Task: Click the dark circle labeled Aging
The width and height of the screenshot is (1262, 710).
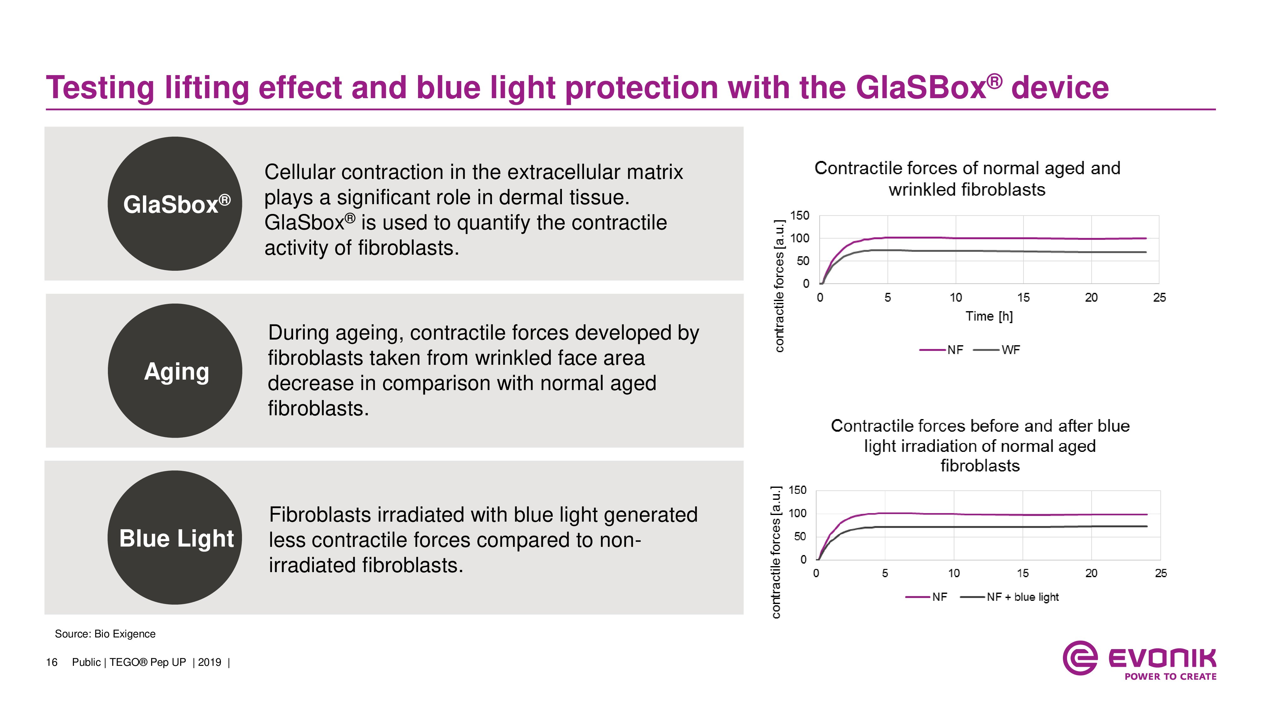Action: tap(175, 370)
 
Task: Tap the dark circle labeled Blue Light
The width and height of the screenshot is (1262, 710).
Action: tap(175, 537)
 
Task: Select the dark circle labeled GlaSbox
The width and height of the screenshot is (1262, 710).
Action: tap(175, 203)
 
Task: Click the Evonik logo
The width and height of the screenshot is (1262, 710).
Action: tap(1139, 660)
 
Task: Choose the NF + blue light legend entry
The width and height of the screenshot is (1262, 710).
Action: tap(1009, 597)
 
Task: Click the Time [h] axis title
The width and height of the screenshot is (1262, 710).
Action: tap(989, 316)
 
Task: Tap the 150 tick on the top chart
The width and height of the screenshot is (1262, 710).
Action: tap(799, 216)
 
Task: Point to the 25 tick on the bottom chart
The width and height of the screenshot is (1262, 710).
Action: tap(1161, 573)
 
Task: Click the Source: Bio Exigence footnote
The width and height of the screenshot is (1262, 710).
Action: tap(105, 634)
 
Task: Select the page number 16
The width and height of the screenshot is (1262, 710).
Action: tap(51, 662)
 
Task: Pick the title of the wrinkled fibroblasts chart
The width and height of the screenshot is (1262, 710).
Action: tap(967, 179)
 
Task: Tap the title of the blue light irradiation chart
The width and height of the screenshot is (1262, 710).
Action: tap(980, 445)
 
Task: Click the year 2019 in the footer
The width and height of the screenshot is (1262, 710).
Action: tap(210, 662)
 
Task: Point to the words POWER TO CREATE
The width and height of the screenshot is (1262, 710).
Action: tap(1171, 677)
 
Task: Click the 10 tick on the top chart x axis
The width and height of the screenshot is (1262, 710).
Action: tap(956, 298)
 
